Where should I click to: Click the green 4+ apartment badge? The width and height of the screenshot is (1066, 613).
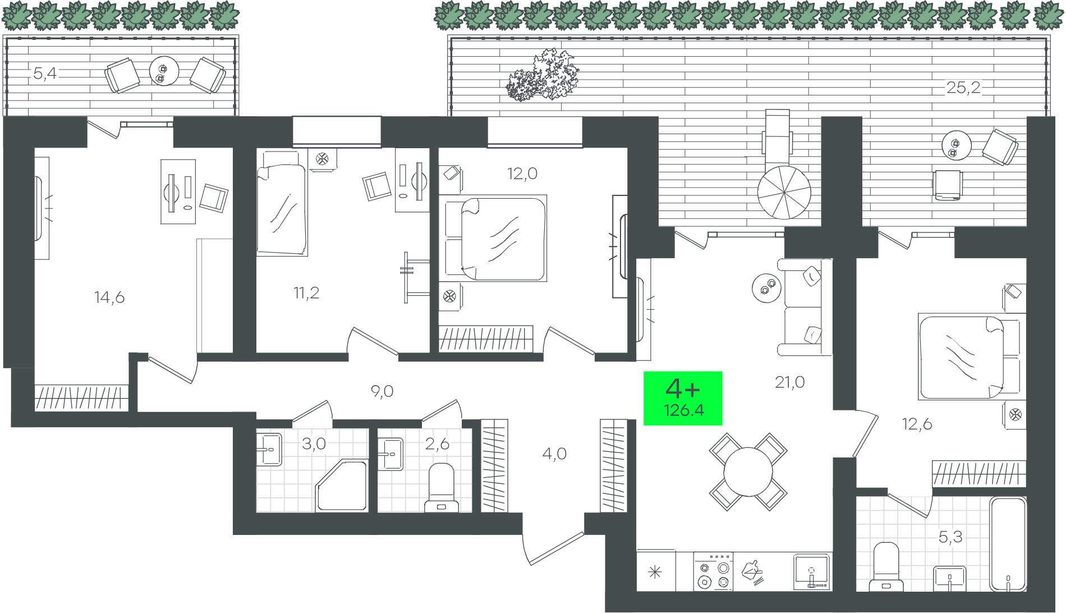tap(682, 398)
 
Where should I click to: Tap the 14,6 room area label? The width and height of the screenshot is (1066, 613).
tap(109, 298)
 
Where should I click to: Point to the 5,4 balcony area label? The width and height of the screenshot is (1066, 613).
tap(45, 73)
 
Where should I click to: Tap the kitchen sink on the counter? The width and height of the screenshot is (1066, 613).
tap(812, 571)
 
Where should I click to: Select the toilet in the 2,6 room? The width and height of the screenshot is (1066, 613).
tap(440, 487)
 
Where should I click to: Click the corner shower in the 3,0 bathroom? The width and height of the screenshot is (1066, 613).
tap(342, 484)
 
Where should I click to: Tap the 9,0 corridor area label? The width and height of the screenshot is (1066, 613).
tap(382, 391)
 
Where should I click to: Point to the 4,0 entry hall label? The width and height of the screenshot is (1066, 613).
tap(554, 454)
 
